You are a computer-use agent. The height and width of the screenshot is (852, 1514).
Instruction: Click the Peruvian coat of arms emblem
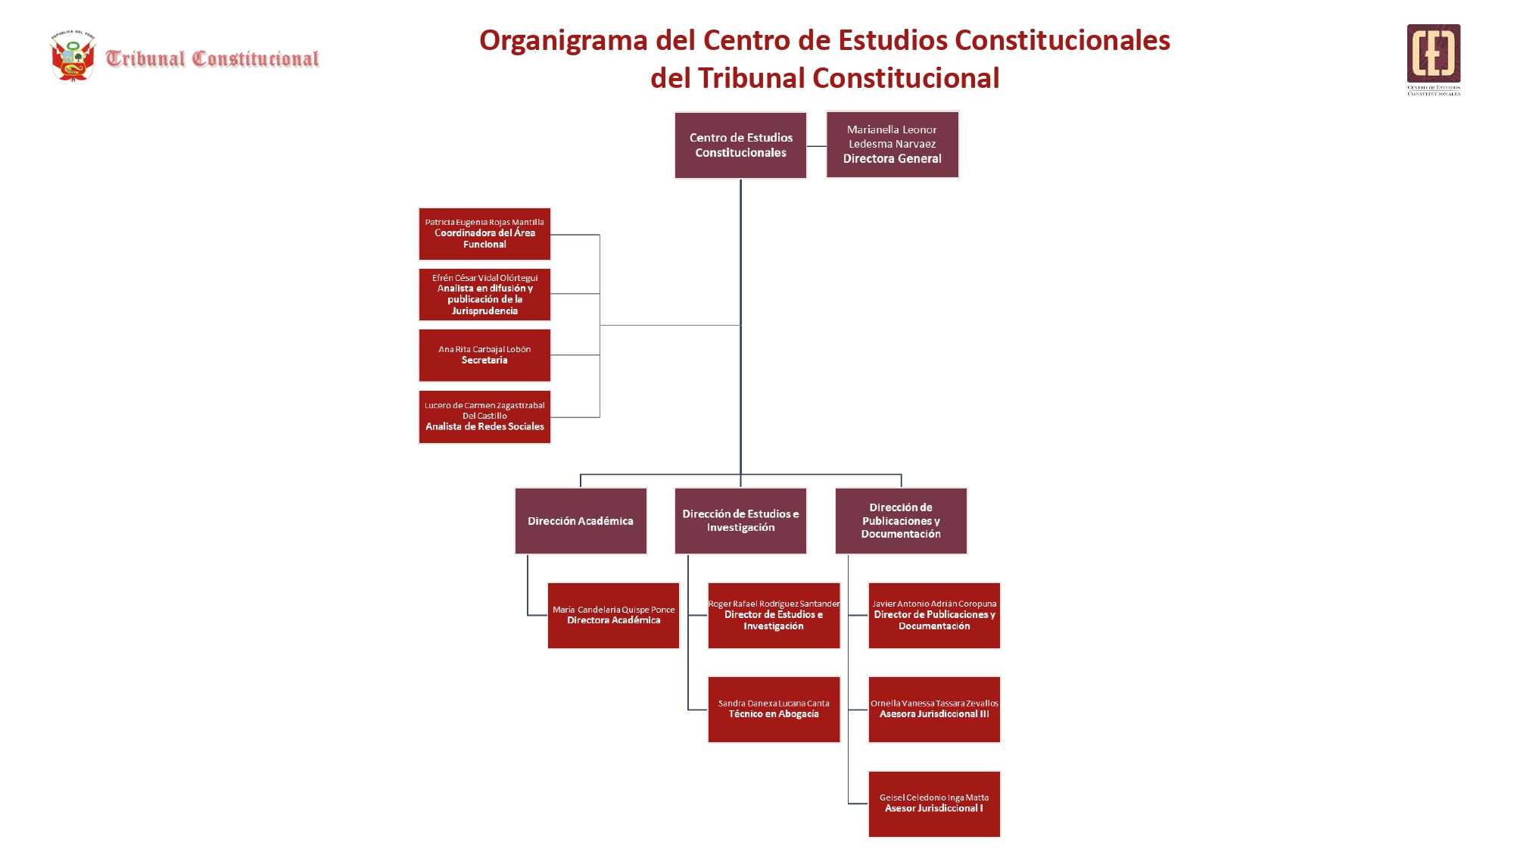point(73,56)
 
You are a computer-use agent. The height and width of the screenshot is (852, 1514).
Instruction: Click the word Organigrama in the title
point(563,40)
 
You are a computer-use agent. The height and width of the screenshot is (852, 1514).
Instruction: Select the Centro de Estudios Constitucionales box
point(740,145)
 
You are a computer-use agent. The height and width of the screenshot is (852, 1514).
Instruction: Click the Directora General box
point(892,145)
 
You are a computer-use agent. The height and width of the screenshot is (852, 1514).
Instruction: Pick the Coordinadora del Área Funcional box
point(484,234)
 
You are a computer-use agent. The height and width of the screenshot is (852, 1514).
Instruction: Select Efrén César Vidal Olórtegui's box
point(484,295)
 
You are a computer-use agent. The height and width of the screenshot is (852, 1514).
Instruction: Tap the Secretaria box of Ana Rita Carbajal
point(484,355)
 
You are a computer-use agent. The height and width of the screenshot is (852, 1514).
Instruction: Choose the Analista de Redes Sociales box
point(484,417)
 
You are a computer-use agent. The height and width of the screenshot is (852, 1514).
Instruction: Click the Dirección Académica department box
point(581,521)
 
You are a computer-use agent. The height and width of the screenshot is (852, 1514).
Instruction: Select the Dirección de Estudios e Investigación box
point(740,521)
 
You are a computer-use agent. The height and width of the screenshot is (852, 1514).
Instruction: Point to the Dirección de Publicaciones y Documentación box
point(901,521)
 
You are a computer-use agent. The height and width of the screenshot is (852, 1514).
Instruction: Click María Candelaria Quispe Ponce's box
point(613,615)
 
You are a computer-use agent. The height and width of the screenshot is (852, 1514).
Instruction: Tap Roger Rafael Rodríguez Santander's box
point(774,615)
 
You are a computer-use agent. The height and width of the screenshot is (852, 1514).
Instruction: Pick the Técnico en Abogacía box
point(774,710)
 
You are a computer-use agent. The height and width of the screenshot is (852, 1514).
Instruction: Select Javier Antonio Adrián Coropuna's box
point(934,615)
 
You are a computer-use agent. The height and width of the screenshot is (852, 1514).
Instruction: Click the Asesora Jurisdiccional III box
point(934,710)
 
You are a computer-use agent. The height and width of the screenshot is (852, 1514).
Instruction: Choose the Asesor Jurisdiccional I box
point(934,804)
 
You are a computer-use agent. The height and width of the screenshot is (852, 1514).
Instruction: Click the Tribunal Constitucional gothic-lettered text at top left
point(212,58)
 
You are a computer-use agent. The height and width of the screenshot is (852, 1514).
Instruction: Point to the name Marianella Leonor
point(892,130)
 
